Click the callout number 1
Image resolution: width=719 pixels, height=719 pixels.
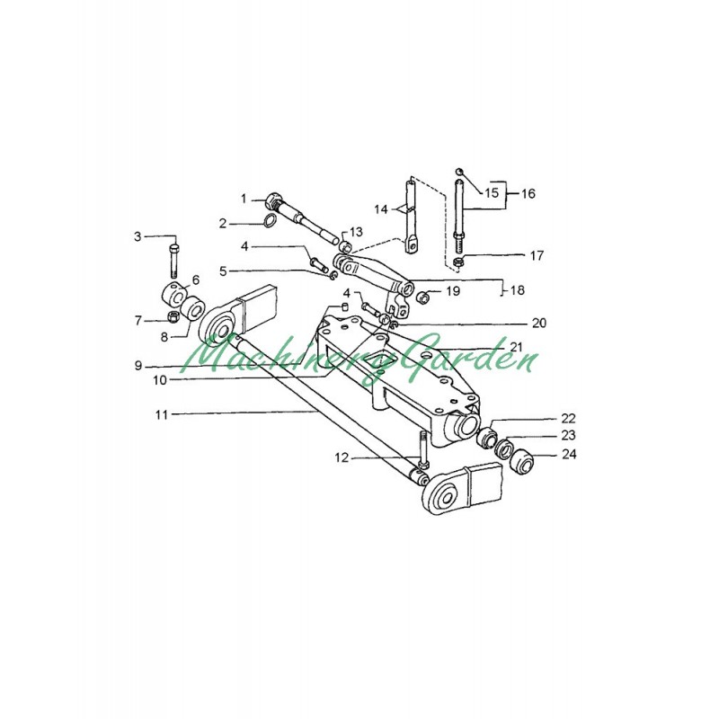click(x=244, y=199)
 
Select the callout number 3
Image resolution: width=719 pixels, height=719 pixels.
click(x=138, y=236)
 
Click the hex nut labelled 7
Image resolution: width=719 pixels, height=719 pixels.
click(x=173, y=316)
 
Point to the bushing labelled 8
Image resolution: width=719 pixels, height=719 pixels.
click(x=192, y=308)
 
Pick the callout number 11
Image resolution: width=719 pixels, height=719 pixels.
click(x=162, y=414)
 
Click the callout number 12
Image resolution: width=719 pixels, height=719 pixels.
click(x=342, y=457)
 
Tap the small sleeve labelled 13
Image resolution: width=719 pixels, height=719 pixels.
click(x=347, y=247)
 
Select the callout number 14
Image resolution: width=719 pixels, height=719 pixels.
click(x=381, y=209)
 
